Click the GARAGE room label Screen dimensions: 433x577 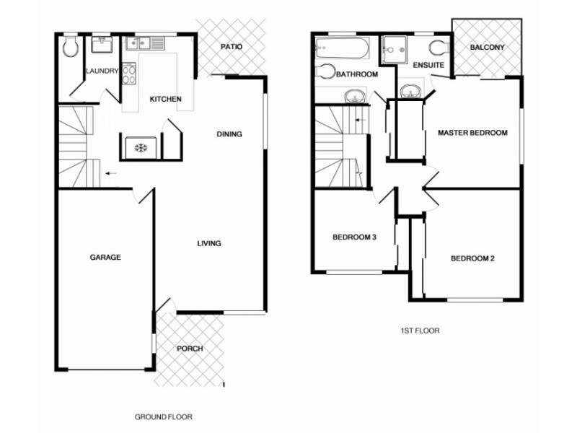pyautogui.click(x=105, y=257)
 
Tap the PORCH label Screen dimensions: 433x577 pyautogui.click(x=190, y=349)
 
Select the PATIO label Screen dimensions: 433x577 pyautogui.click(x=231, y=47)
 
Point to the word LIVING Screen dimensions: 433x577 pyautogui.click(x=209, y=243)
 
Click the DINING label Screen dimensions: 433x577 pyautogui.click(x=229, y=134)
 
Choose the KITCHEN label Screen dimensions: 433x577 pyautogui.click(x=165, y=99)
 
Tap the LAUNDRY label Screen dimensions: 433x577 pyautogui.click(x=101, y=71)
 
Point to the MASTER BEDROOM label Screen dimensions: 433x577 pyautogui.click(x=473, y=133)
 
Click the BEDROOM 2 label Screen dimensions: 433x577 pyautogui.click(x=472, y=258)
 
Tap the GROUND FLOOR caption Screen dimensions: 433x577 pyautogui.click(x=162, y=417)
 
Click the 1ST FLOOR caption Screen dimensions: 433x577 pyautogui.click(x=420, y=331)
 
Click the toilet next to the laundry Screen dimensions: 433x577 pyautogui.click(x=70, y=48)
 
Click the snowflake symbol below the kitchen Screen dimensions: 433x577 pyautogui.click(x=140, y=148)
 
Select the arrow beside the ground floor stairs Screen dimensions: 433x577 pyautogui.click(x=109, y=173)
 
